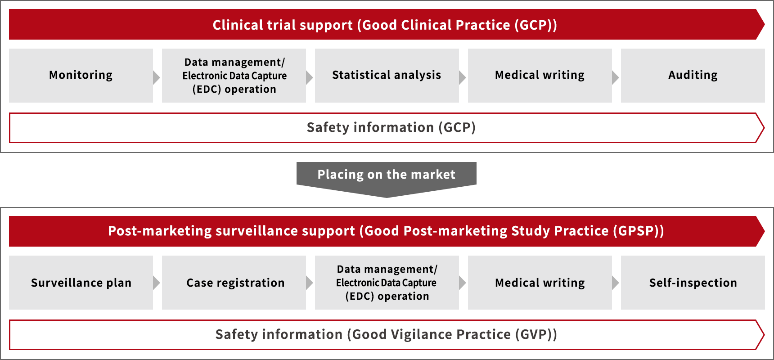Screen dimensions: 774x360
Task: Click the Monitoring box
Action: [x=81, y=76]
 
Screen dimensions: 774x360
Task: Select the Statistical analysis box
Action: [x=387, y=76]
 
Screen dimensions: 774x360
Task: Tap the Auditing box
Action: [x=693, y=76]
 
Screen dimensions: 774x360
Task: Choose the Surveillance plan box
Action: [x=81, y=283]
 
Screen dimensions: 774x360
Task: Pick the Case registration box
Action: [x=234, y=283]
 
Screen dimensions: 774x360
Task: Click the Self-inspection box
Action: [x=693, y=283]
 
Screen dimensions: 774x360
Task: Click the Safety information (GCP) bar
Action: [x=387, y=128]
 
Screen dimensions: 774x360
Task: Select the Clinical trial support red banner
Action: [x=387, y=24]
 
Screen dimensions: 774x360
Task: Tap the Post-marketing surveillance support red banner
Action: [x=387, y=231]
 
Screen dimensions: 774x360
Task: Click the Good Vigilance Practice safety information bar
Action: [x=387, y=335]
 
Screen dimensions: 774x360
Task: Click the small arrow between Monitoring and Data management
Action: [x=156, y=77]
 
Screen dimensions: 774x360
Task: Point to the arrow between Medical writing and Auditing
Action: [x=615, y=77]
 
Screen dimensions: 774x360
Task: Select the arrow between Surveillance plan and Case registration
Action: [x=156, y=283]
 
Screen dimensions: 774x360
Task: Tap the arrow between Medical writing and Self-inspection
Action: [x=615, y=283]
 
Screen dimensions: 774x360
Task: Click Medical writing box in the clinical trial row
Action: [x=540, y=76]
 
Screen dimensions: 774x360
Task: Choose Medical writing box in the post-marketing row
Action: [x=540, y=283]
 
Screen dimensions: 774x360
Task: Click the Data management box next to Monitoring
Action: [x=234, y=76]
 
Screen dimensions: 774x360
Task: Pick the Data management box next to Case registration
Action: [x=387, y=283]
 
